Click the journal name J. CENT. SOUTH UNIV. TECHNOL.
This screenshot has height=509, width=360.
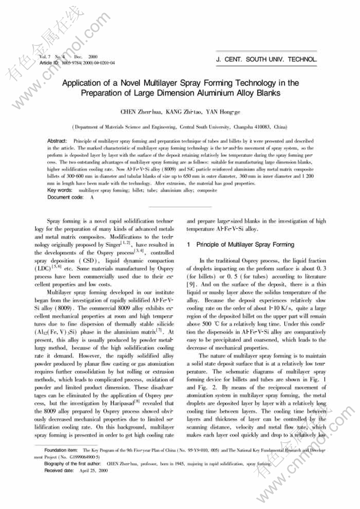click(267, 59)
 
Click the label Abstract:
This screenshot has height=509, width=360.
click(57, 141)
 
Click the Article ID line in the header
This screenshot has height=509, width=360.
click(77, 62)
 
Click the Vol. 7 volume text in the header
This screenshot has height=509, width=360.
click(44, 56)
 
